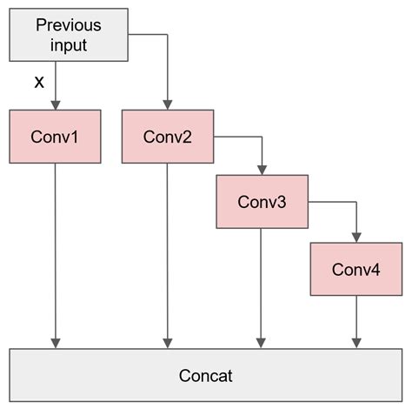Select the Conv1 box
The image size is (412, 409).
[x=56, y=137]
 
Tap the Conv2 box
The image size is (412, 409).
[x=167, y=137]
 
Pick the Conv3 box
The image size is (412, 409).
[x=262, y=202]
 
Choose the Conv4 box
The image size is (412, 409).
[x=356, y=269]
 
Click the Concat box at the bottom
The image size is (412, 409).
[x=206, y=376]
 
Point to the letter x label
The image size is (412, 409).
[x=37, y=83]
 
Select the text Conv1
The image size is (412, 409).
[x=56, y=137]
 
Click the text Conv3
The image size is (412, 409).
[x=262, y=202]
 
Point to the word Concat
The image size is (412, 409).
[x=206, y=376]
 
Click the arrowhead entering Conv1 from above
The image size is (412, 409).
[x=56, y=104]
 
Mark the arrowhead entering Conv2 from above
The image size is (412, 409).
[x=167, y=104]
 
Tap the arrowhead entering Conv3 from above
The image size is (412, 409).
[x=262, y=170]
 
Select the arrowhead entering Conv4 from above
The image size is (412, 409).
[x=356, y=237]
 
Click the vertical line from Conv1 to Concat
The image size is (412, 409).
[x=56, y=252]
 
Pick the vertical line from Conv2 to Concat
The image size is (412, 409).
[x=167, y=252]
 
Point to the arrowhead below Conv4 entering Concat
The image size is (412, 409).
[x=356, y=342]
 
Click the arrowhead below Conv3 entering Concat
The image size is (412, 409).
[x=262, y=342]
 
